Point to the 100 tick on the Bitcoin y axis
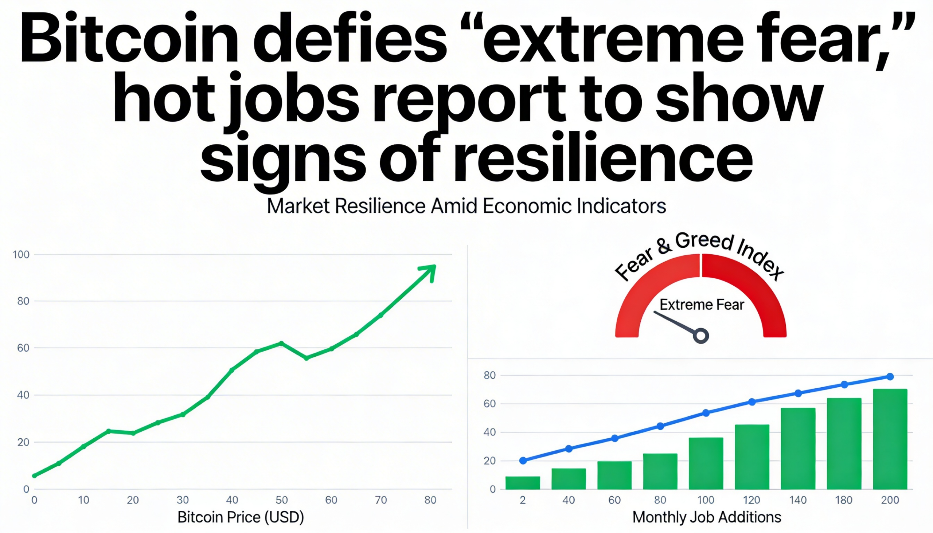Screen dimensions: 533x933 [21, 254]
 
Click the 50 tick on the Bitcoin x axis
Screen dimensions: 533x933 [282, 500]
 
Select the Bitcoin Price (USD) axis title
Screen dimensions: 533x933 [241, 517]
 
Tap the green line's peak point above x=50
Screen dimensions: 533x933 [281, 344]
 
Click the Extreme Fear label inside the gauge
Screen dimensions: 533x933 [702, 305]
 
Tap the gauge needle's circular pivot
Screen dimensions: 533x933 [701, 336]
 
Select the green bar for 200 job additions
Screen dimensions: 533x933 [890, 439]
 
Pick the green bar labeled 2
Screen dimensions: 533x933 [523, 482]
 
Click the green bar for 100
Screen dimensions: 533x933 [706, 463]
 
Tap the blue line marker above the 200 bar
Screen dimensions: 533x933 [890, 376]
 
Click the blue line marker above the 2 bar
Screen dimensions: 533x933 [523, 461]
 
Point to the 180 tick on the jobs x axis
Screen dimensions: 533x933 [844, 500]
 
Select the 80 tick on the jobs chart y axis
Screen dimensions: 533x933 [489, 375]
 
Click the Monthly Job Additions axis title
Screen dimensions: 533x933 [707, 517]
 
